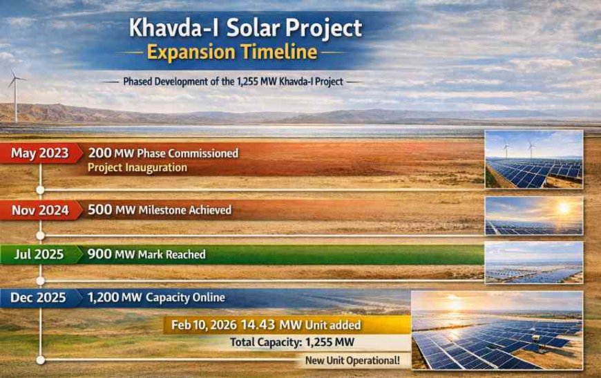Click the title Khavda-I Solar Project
[x=246, y=28]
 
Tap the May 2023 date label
[x=39, y=153]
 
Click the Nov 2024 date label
[x=39, y=209]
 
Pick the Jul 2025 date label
[x=39, y=254]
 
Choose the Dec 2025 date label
[x=39, y=298]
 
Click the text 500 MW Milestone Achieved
[x=159, y=209]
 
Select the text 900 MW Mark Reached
[x=146, y=254]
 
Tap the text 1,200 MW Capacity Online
[x=156, y=298]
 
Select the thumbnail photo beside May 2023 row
[x=533, y=159]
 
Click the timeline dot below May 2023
[x=40, y=189]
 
